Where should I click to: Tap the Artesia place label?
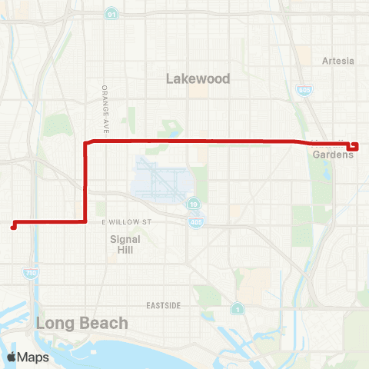pos(338,61)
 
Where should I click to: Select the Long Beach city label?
pos(82,323)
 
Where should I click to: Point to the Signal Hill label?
pos(125,244)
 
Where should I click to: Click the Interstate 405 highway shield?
pos(198,220)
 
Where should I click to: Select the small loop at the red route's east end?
pos(354,146)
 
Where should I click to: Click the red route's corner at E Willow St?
pos(84,221)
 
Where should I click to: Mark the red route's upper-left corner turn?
pos(85,142)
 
